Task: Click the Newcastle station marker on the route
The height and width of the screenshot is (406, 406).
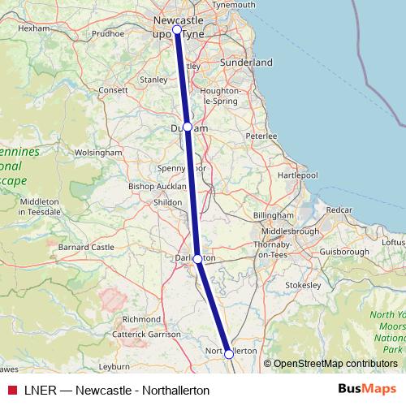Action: [x=176, y=29]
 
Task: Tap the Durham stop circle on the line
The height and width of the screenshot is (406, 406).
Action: [x=188, y=127]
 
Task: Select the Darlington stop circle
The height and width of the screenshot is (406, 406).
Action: [x=197, y=258]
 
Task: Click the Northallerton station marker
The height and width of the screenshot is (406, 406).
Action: [x=229, y=354]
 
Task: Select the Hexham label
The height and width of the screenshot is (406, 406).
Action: [x=34, y=28]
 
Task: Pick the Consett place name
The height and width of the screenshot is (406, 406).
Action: [x=113, y=90]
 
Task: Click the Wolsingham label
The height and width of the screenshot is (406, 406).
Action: [x=97, y=152]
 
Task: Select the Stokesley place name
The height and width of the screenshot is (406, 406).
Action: [x=304, y=285]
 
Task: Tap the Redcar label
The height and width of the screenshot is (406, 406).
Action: [x=339, y=209]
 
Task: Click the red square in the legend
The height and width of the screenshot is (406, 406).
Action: [x=11, y=391]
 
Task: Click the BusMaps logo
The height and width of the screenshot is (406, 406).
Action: [x=367, y=389]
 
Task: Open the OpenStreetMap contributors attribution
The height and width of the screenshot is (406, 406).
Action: [x=335, y=364]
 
